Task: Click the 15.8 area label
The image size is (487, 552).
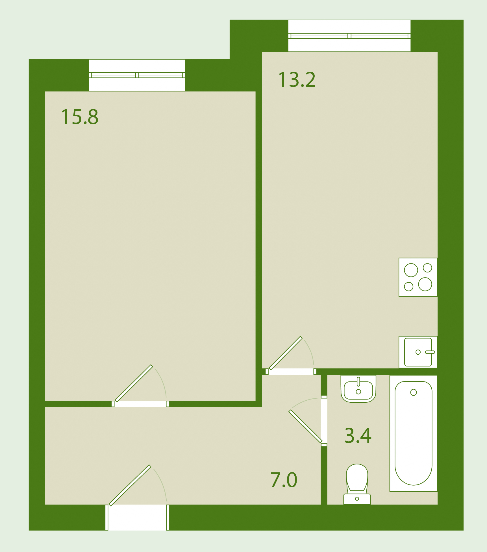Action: click(80, 117)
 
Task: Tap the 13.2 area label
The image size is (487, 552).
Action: click(297, 80)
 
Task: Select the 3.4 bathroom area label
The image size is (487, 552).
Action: click(358, 436)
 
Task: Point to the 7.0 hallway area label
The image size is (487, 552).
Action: click(284, 480)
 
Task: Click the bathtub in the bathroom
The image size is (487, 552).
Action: click(413, 433)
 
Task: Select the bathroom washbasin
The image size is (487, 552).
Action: click(358, 389)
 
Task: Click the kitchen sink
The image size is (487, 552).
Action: click(418, 352)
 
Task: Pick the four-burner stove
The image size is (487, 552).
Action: click(418, 277)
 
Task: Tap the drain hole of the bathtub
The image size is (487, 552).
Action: click(414, 392)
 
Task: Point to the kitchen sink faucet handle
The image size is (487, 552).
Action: click(430, 352)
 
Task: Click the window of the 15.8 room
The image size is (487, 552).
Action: click(137, 75)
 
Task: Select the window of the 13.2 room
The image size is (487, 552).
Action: click(349, 36)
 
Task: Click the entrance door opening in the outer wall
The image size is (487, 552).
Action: click(137, 518)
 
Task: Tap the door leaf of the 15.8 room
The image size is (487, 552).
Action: click(134, 383)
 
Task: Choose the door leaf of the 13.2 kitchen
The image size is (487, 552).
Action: click(286, 353)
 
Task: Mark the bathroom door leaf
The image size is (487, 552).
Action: click(305, 426)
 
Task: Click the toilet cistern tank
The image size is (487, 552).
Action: click(357, 499)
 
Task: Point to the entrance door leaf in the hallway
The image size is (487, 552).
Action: click(130, 485)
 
